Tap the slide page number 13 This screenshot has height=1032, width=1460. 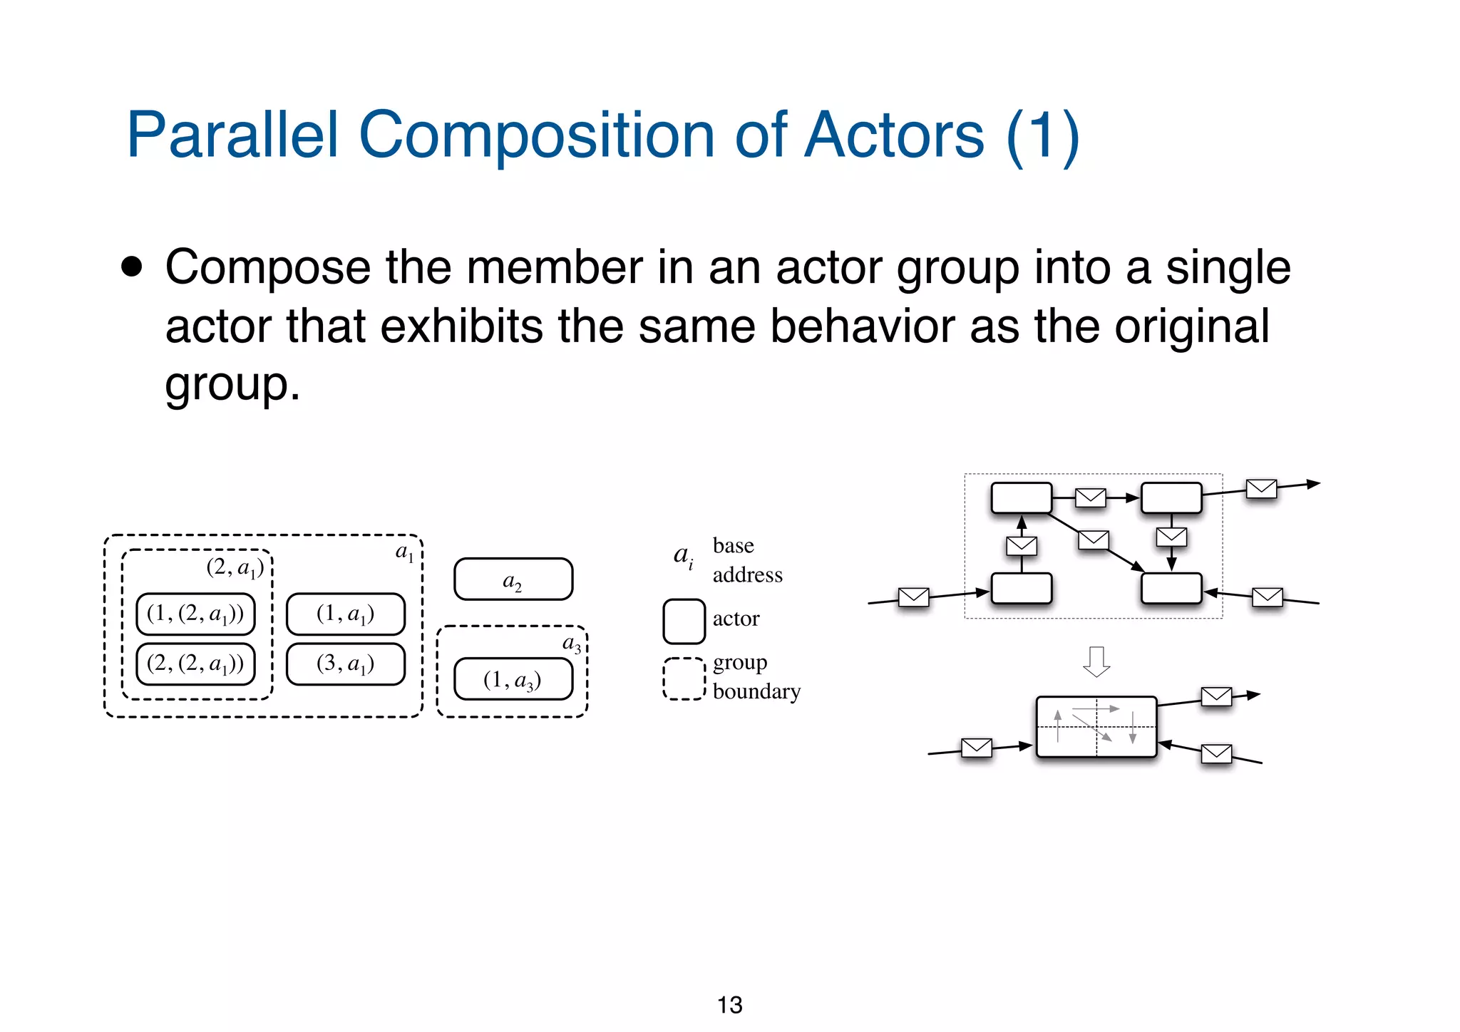(x=729, y=1005)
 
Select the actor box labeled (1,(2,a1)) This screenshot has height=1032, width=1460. (x=195, y=614)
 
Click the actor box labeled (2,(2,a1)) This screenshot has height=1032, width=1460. (x=195, y=664)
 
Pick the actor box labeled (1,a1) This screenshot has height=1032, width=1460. (x=346, y=614)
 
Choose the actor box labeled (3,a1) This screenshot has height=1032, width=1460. (x=346, y=664)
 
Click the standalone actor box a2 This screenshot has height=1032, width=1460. (x=513, y=579)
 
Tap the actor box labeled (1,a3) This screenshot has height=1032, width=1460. (x=513, y=679)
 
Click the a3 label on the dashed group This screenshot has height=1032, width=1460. (x=572, y=644)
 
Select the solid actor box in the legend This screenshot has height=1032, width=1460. (x=684, y=621)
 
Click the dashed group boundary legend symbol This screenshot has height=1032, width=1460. (x=684, y=678)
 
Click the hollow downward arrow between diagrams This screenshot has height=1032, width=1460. (x=1096, y=661)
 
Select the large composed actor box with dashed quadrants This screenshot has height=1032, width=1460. (x=1096, y=727)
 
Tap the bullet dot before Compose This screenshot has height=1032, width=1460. (x=132, y=267)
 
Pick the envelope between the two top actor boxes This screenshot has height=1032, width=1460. (x=1090, y=497)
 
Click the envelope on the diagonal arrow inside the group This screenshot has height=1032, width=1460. (x=1093, y=540)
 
